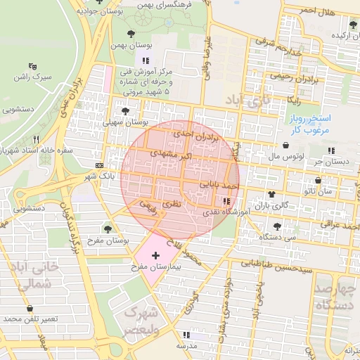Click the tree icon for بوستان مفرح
click(108, 229)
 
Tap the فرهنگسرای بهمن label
click(171, 4)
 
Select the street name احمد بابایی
click(219, 185)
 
